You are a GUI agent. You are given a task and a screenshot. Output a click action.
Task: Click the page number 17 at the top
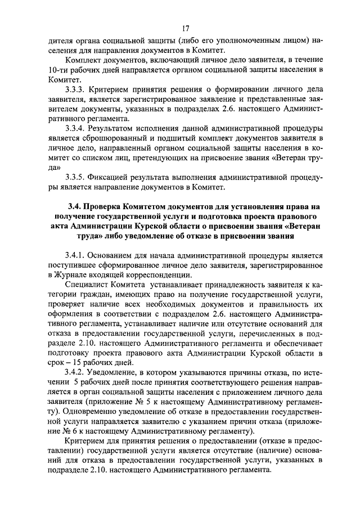tap(185, 29)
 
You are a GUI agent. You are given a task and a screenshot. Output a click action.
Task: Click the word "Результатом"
tap(118, 127)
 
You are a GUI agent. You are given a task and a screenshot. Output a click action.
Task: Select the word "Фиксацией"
tap(114, 177)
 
